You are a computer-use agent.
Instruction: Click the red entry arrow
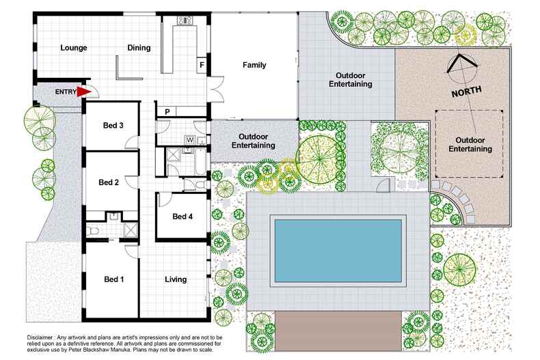(84, 91)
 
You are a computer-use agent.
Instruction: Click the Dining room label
(139, 48)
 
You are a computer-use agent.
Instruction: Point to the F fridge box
(202, 66)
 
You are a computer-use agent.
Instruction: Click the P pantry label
(167, 111)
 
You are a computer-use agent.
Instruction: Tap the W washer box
(189, 140)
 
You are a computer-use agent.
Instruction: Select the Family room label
(254, 66)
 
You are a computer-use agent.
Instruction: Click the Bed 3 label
(113, 125)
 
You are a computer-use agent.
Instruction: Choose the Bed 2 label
(109, 182)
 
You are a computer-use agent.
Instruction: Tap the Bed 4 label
(183, 217)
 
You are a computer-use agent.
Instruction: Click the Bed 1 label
(113, 279)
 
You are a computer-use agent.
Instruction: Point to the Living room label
(176, 279)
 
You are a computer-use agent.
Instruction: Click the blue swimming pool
(339, 250)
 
